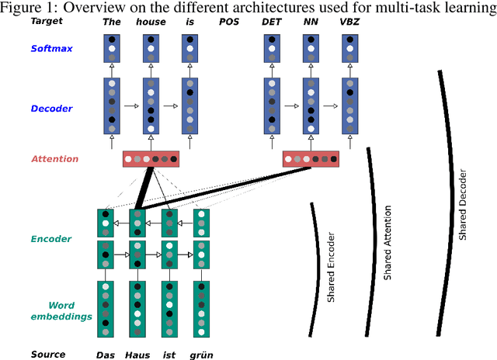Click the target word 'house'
(x=151, y=22)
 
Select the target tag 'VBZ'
(x=349, y=22)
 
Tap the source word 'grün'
(x=202, y=355)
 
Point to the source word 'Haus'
(x=137, y=355)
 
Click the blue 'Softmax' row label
(x=53, y=48)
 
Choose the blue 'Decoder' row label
(x=51, y=109)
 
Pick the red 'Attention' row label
(x=54, y=159)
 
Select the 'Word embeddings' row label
(x=62, y=310)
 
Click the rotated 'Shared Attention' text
(x=388, y=242)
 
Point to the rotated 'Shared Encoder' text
(x=330, y=265)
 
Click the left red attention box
(x=151, y=159)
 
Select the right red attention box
(x=311, y=159)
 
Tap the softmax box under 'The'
(x=113, y=48)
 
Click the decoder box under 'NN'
(x=311, y=106)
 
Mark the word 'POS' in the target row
(x=229, y=22)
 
